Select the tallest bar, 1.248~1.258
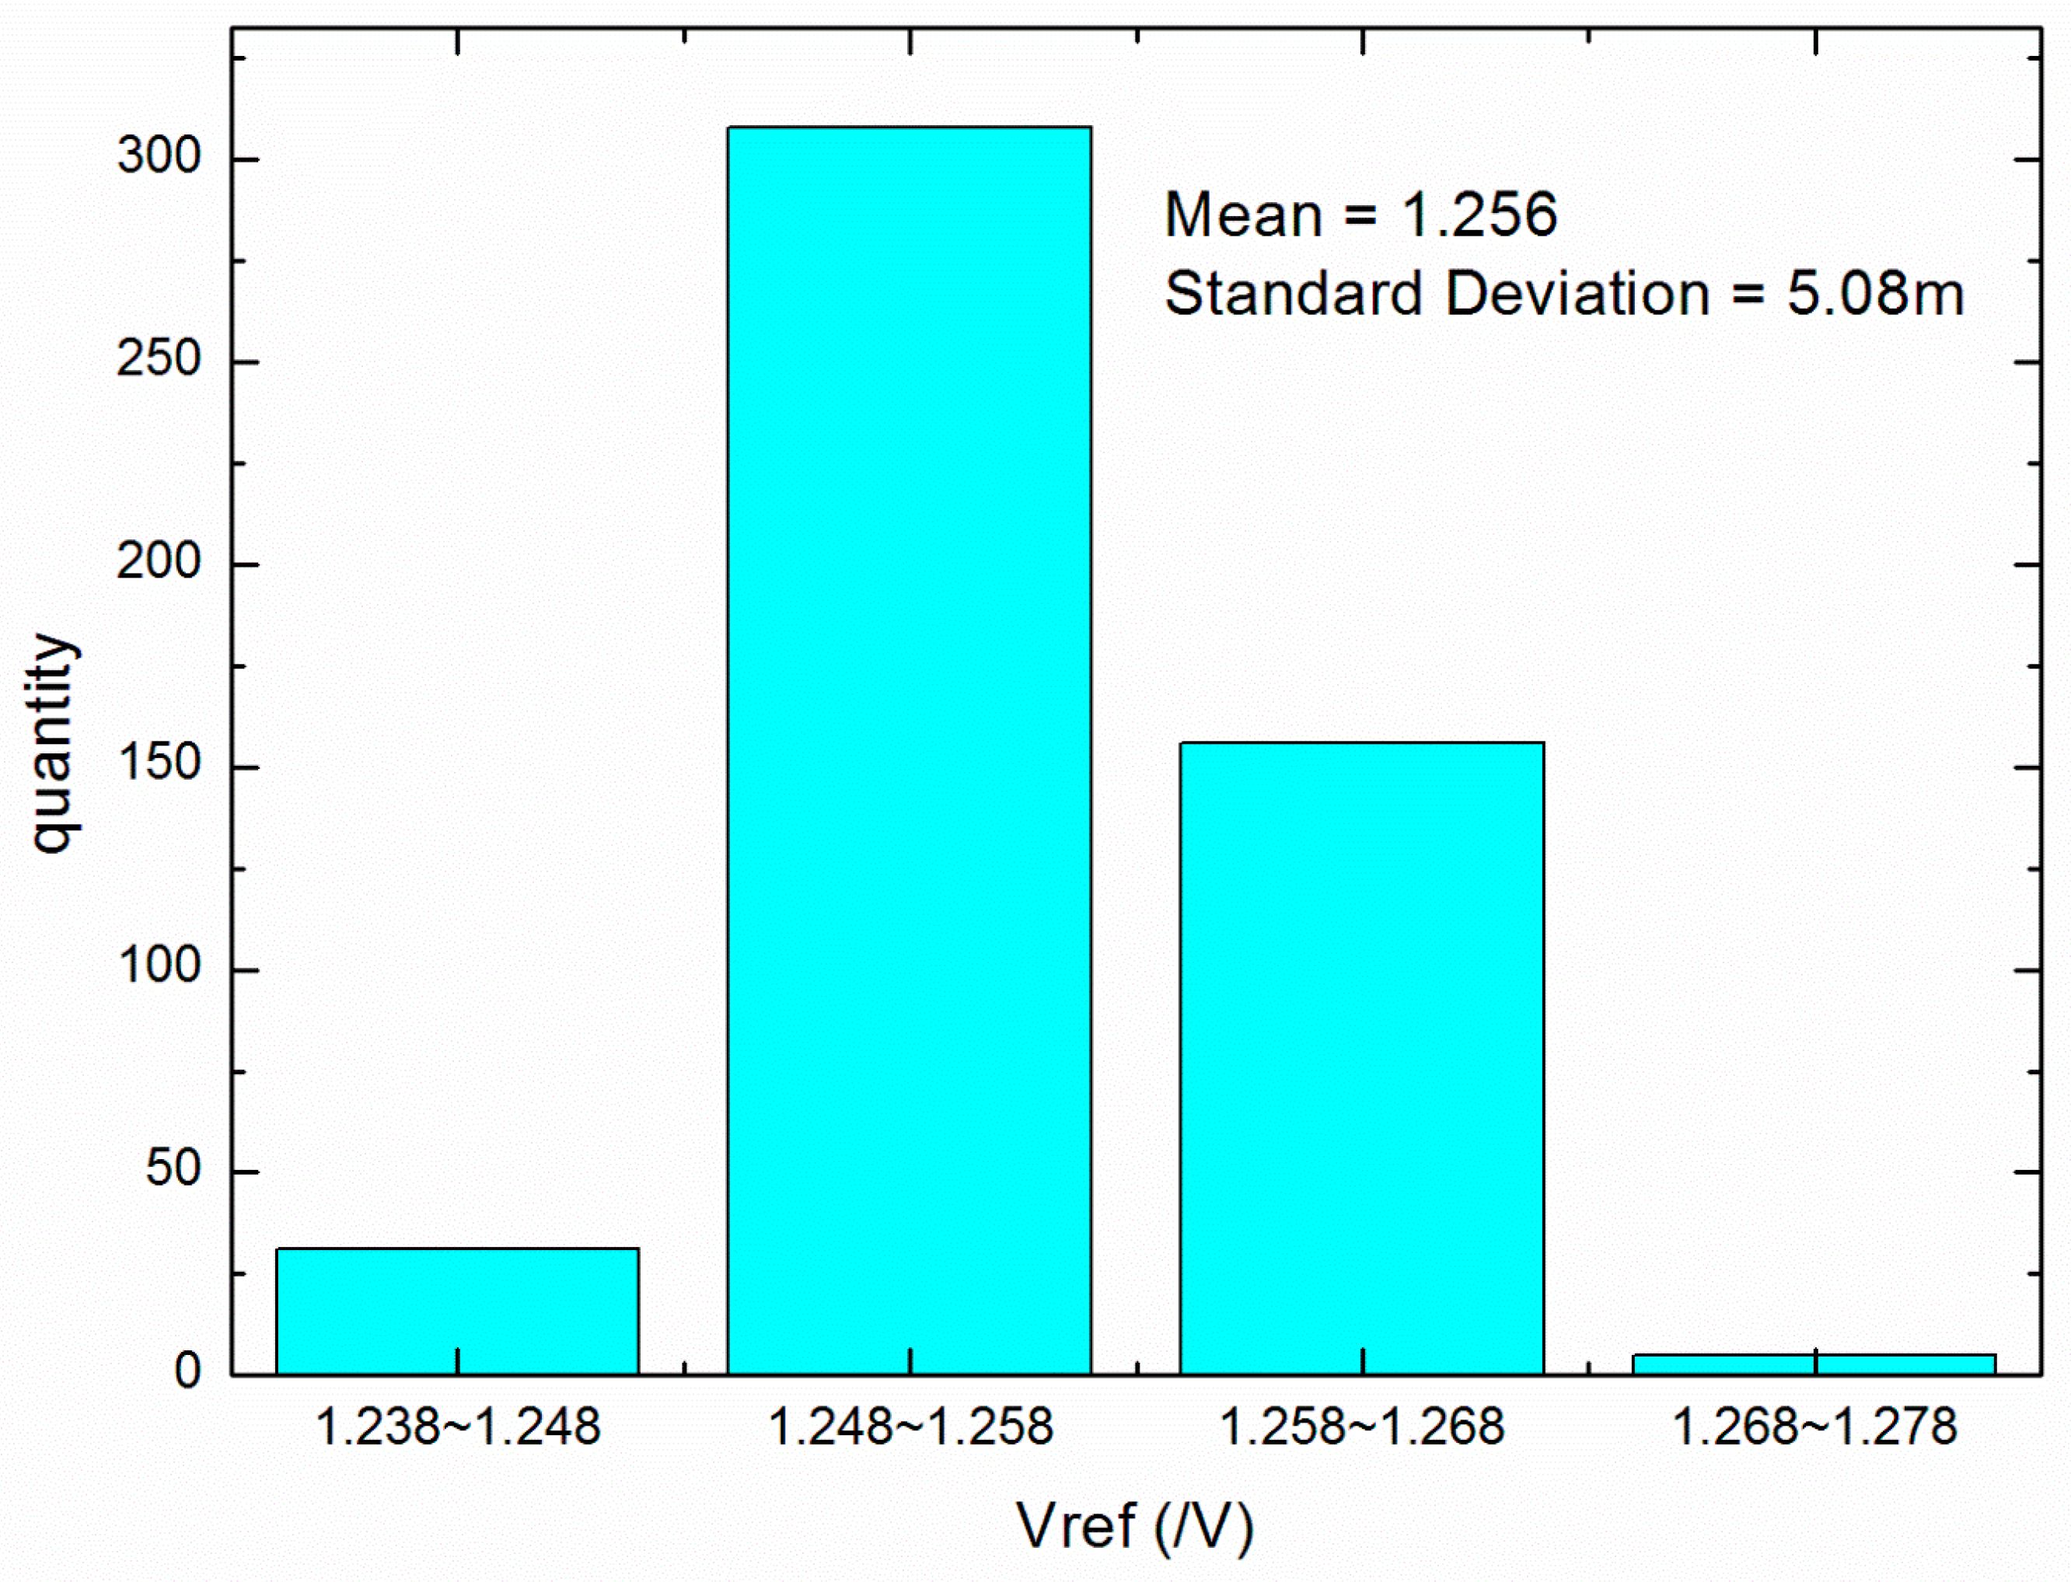tap(910, 749)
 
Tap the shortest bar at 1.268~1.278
tap(1814, 1364)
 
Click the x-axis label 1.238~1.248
tap(458, 1426)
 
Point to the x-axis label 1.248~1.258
tap(910, 1426)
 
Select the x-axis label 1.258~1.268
tap(1362, 1426)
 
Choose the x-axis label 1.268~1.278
tap(1814, 1426)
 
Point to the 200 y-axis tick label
tap(160, 562)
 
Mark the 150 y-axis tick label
tap(160, 765)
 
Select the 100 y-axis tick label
tap(160, 967)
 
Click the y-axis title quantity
tap(54, 744)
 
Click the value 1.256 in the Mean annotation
tap(1479, 215)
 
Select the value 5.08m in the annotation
tap(1875, 293)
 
